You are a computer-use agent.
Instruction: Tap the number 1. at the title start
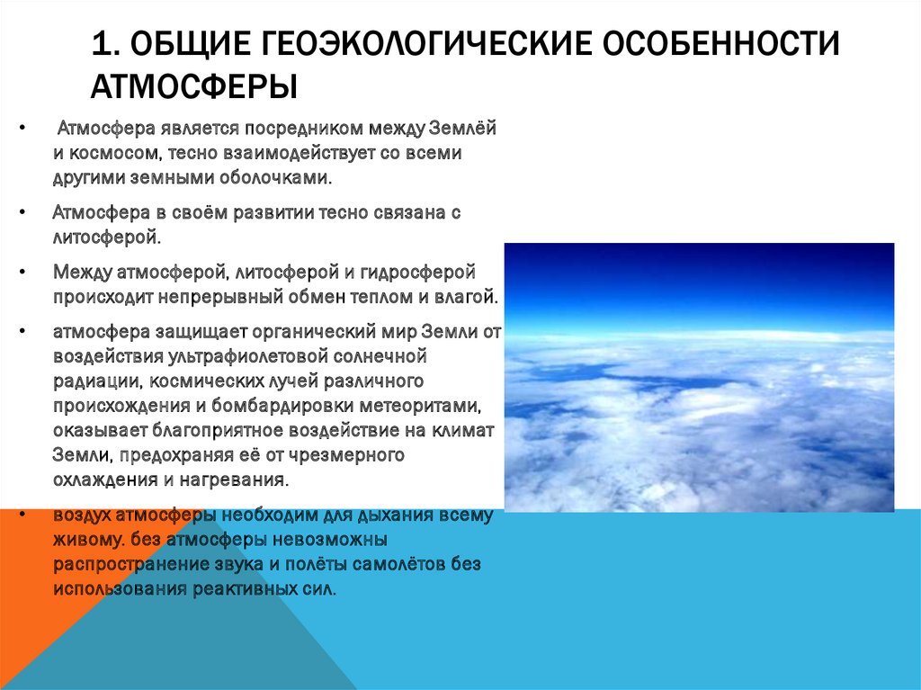click(x=103, y=43)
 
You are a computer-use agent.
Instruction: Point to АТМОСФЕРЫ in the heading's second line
click(x=194, y=86)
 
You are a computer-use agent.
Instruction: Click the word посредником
click(x=303, y=129)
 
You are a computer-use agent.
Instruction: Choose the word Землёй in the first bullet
click(x=463, y=128)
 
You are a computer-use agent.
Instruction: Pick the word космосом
click(x=115, y=153)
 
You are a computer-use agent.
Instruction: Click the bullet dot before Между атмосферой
click(x=22, y=272)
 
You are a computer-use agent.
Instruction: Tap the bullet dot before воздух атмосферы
click(x=22, y=515)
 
